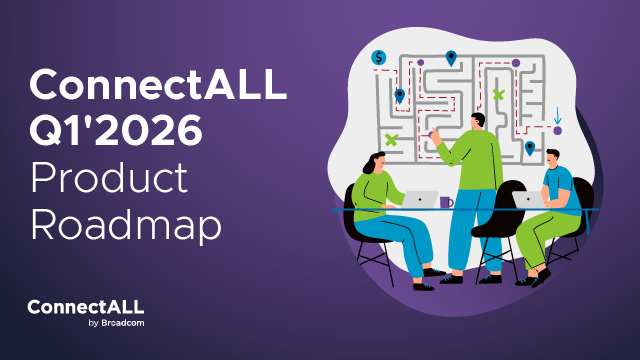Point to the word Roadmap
[124, 224]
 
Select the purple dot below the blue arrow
[557, 130]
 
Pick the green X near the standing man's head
[498, 95]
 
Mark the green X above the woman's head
[391, 139]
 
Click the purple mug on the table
[446, 202]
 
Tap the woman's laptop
[421, 199]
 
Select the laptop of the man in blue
[526, 198]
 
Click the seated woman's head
[372, 163]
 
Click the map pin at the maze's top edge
[451, 57]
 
